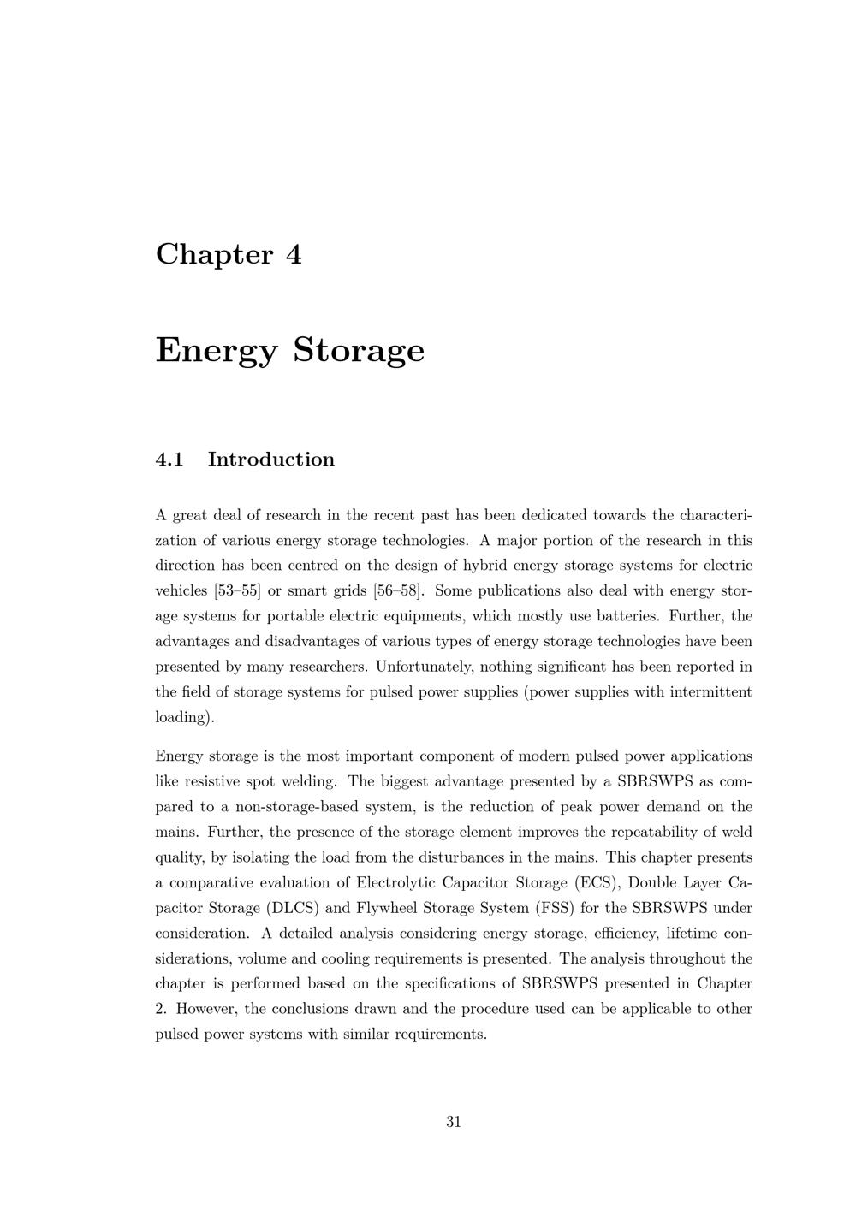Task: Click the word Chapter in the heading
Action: coord(214,254)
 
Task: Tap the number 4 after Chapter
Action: coord(294,254)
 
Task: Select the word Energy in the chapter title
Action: coord(217,351)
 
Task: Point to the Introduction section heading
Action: coord(270,460)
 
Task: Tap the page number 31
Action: coord(454,1122)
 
